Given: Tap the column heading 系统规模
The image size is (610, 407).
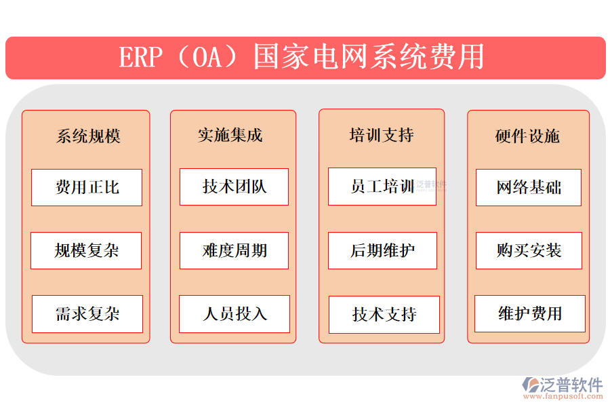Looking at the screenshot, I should pyautogui.click(x=88, y=136).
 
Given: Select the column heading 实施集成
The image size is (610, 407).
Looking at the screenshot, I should pyautogui.click(x=230, y=136).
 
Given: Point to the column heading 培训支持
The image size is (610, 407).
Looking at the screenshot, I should pyautogui.click(x=382, y=136).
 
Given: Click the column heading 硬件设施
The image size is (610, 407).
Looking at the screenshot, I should pyautogui.click(x=527, y=136).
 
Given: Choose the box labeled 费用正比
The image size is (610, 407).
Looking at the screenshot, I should pyautogui.click(x=87, y=187).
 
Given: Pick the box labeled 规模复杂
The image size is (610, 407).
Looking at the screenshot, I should pyautogui.click(x=86, y=250).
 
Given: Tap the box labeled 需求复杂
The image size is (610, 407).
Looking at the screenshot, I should pyautogui.click(x=87, y=313).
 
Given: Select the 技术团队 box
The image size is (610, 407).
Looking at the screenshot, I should pyautogui.click(x=234, y=187).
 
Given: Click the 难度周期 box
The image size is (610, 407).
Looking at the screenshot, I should pyautogui.click(x=234, y=250).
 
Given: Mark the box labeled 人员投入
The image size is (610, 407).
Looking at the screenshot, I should pyautogui.click(x=235, y=313).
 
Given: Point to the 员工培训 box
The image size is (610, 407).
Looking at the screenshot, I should pyautogui.click(x=382, y=187).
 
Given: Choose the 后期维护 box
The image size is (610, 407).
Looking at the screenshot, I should pyautogui.click(x=382, y=250).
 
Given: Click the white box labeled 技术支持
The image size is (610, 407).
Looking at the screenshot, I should pyautogui.click(x=384, y=314).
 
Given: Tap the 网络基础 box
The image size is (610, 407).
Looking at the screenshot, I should pyautogui.click(x=529, y=187).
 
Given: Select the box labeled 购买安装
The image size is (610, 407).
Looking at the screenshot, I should pyautogui.click(x=529, y=250).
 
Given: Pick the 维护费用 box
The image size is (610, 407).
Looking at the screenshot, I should pyautogui.click(x=530, y=313).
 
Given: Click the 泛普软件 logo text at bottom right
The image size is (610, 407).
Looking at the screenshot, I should pyautogui.click(x=571, y=385).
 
